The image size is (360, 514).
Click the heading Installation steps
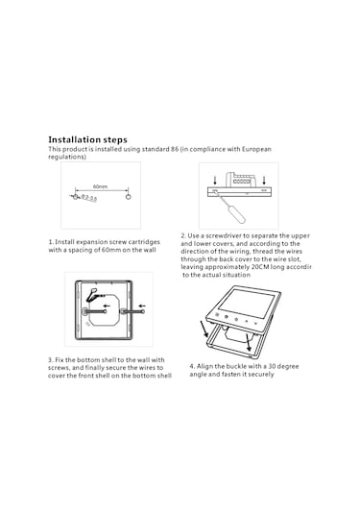(87, 140)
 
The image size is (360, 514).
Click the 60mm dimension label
(100, 186)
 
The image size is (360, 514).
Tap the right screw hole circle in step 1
(129, 197)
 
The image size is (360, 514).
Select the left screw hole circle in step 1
(75, 197)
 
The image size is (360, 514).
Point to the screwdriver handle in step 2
(238, 216)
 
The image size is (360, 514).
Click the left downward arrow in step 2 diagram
(215, 180)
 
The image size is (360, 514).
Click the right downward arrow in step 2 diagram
(264, 180)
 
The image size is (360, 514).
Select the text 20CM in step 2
(260, 267)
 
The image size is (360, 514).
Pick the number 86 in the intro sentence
(175, 149)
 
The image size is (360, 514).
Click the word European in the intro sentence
(256, 149)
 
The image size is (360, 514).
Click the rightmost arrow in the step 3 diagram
(142, 306)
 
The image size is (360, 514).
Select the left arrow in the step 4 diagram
(204, 329)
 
